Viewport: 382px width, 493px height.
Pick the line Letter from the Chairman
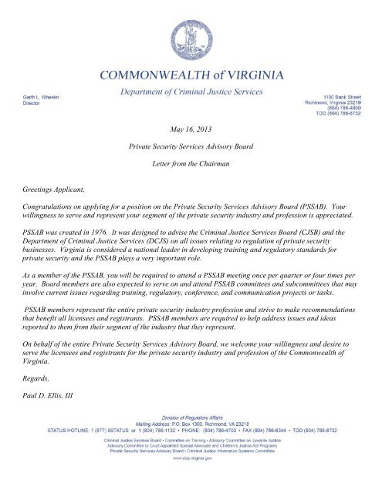tap(191, 166)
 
